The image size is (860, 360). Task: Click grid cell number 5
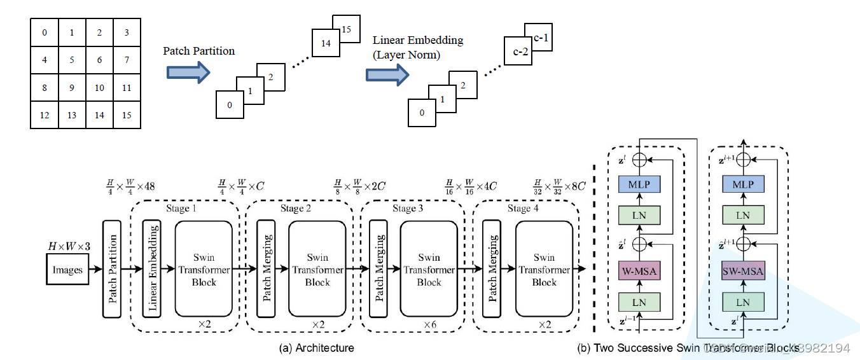click(72, 60)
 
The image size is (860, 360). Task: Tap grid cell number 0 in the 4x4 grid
click(44, 33)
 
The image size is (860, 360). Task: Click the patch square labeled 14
click(326, 43)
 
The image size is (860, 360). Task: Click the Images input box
click(67, 270)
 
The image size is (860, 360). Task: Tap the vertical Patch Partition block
click(112, 268)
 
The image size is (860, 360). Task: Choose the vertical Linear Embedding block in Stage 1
click(153, 268)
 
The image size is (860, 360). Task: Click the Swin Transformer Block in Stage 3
click(429, 270)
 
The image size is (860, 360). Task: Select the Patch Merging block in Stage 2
click(266, 268)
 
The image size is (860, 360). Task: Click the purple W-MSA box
click(639, 272)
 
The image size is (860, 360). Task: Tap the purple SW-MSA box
click(742, 272)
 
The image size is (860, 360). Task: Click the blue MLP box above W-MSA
click(639, 184)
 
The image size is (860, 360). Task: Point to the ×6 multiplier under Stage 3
click(431, 324)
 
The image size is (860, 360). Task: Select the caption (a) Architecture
click(316, 348)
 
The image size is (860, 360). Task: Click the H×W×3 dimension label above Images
click(69, 246)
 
